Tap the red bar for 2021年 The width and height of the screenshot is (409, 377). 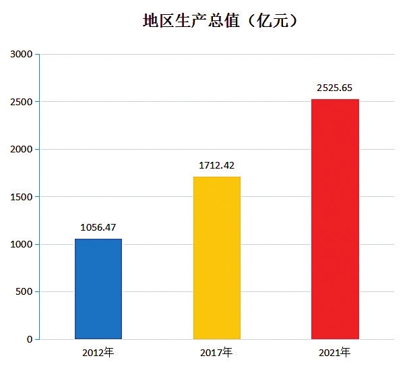click(x=335, y=219)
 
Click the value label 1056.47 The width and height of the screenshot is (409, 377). click(x=98, y=227)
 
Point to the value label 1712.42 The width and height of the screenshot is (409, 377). click(x=216, y=165)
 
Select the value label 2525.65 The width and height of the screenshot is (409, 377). click(x=335, y=88)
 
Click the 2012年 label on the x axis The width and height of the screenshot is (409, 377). click(x=98, y=353)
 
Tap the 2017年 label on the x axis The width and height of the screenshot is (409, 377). click(x=216, y=353)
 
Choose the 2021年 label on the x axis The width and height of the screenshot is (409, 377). click(x=335, y=353)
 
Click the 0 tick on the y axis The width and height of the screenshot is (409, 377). click(x=29, y=339)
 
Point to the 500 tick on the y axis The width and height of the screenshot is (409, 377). click(x=24, y=292)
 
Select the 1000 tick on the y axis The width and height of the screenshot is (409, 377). click(x=21, y=244)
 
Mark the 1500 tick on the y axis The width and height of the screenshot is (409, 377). click(x=21, y=197)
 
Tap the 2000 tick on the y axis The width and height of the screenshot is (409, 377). click(x=21, y=149)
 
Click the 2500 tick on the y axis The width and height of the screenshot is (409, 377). click(x=21, y=102)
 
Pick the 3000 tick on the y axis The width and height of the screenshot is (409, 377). click(x=21, y=54)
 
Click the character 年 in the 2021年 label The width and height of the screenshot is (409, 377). click(x=344, y=353)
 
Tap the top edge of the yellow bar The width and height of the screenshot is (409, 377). click(x=216, y=177)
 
